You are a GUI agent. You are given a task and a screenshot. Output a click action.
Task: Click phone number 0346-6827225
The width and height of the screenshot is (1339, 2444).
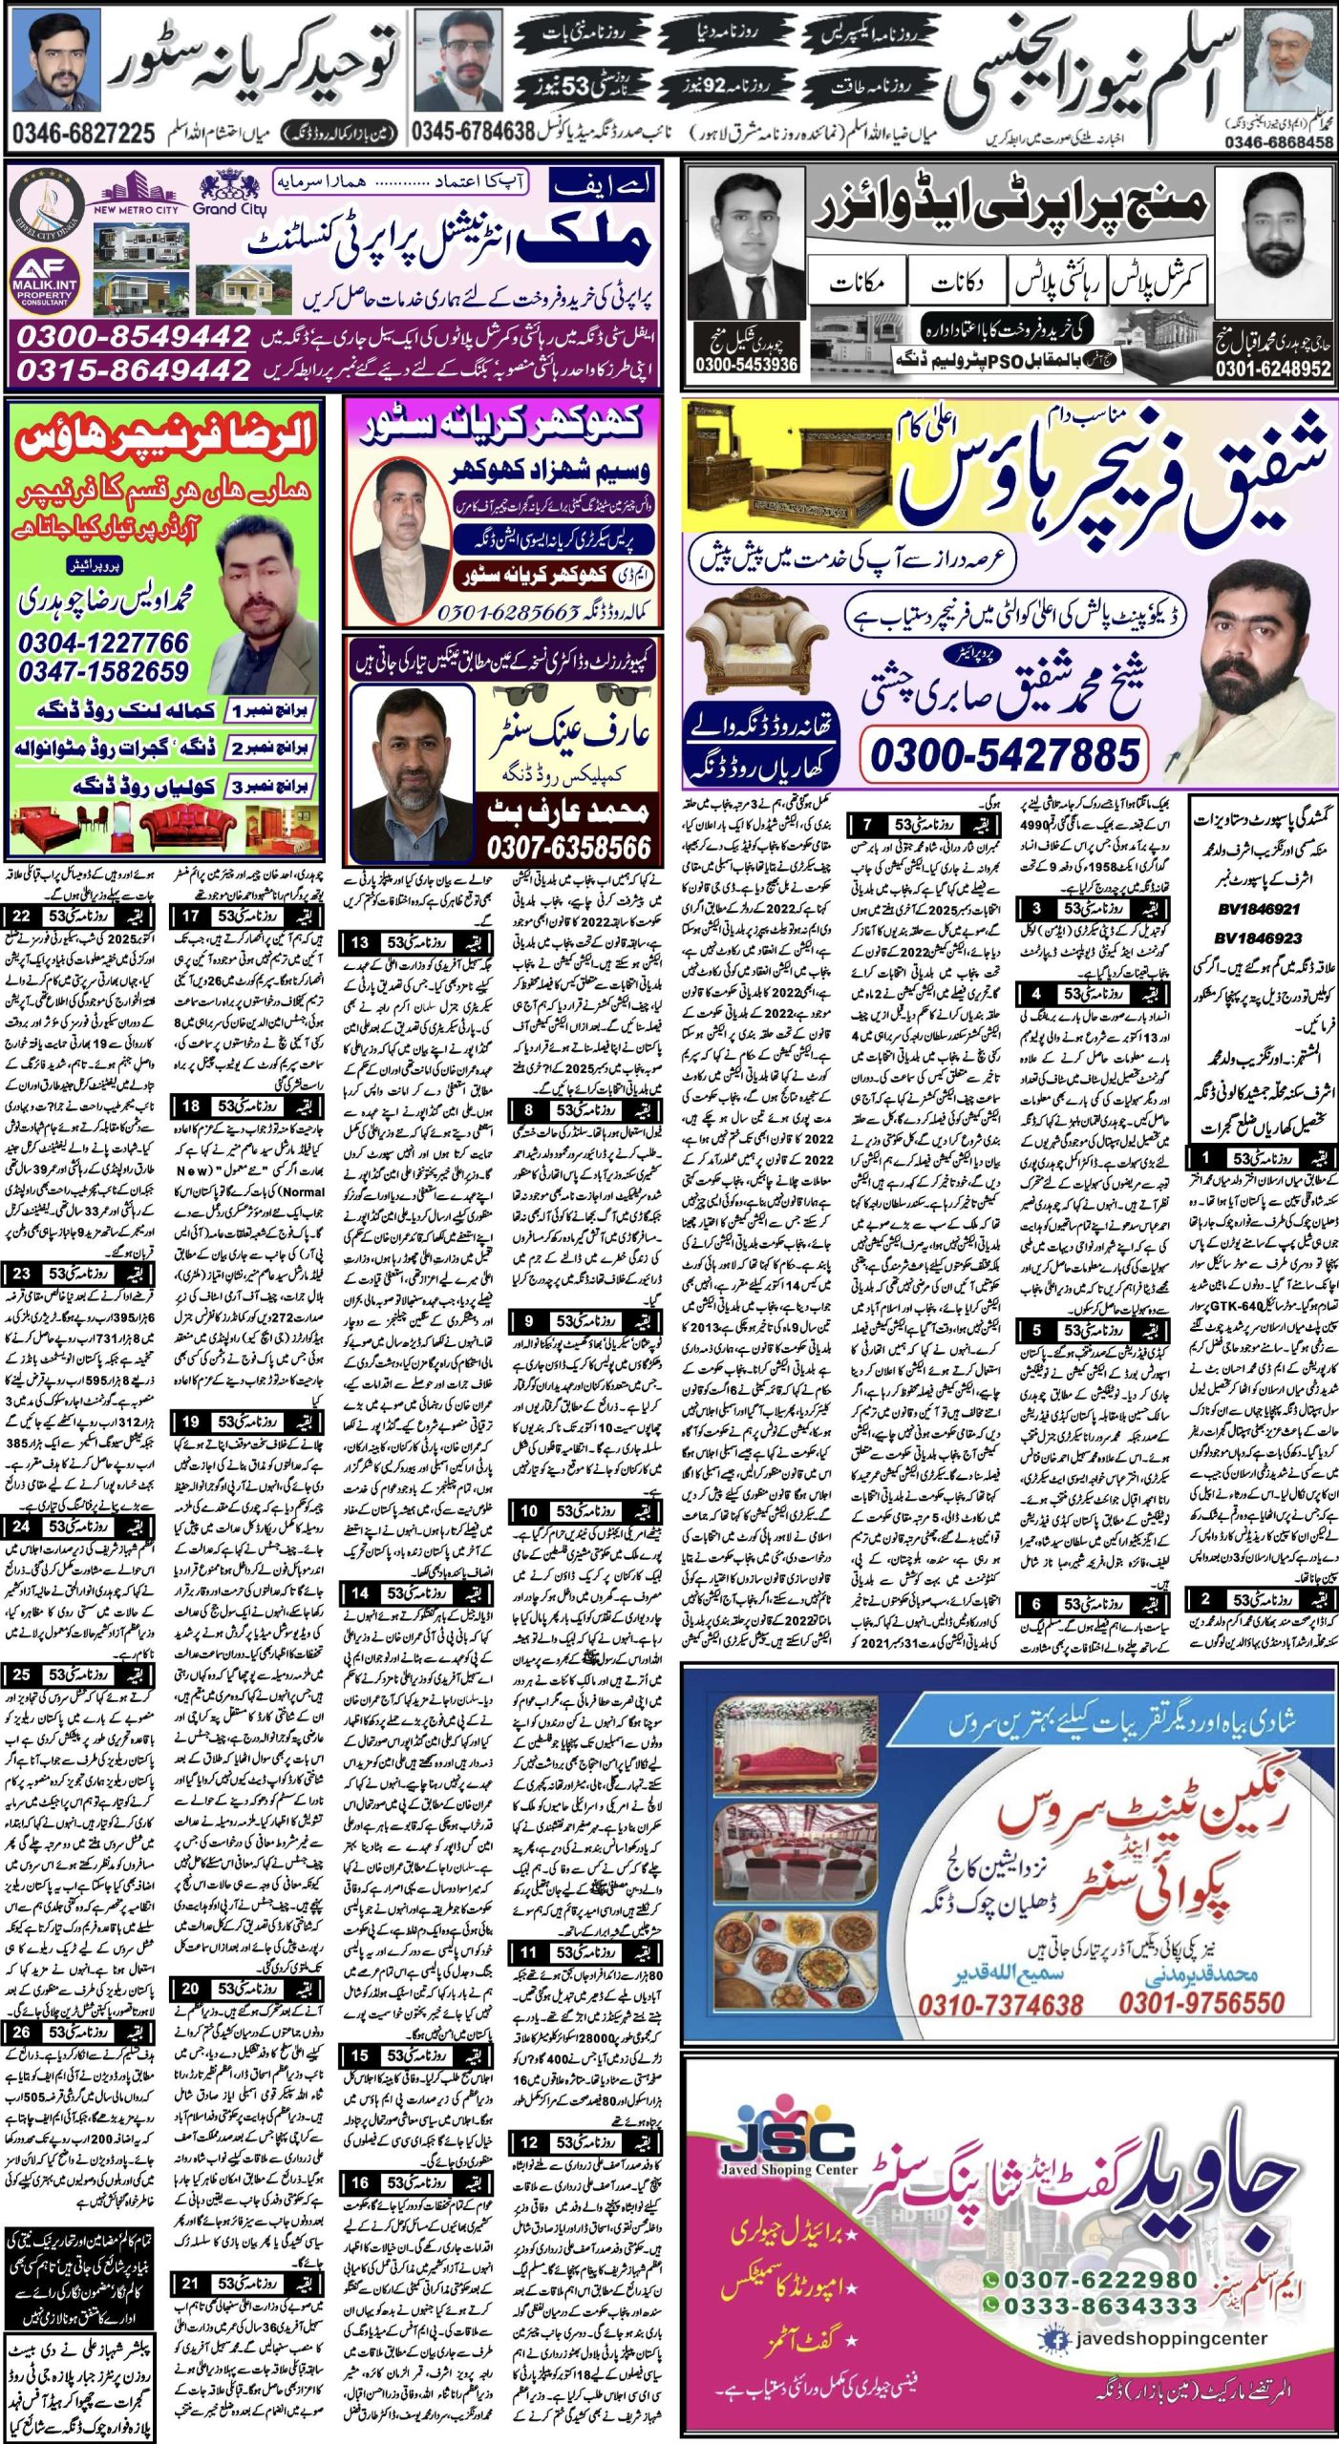coord(84,132)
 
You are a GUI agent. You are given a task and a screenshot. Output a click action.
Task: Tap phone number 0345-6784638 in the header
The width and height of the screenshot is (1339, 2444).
coord(472,132)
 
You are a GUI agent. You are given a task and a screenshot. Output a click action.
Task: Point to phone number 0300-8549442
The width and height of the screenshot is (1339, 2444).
coord(134,336)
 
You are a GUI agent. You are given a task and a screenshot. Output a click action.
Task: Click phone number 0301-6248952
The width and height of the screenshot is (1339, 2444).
coord(1272,369)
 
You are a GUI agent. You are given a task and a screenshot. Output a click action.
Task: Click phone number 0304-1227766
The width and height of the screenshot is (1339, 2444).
coord(103,643)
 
